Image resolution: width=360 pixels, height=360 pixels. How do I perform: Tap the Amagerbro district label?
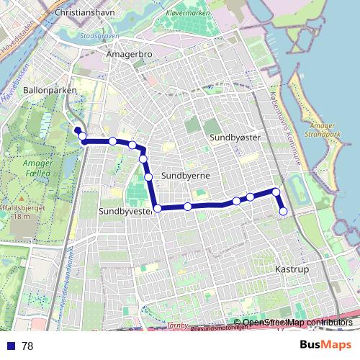pyautogui.click(x=127, y=54)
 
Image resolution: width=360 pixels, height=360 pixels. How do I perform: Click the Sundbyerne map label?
pyautogui.click(x=185, y=175)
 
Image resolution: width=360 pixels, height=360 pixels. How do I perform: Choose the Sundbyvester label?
pyautogui.click(x=125, y=211)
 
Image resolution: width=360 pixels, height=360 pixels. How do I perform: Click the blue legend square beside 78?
pyautogui.click(x=11, y=346)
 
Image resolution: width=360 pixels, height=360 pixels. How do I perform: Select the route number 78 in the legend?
pyautogui.click(x=27, y=346)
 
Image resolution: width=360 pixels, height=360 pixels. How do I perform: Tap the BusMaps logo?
pyautogui.click(x=325, y=345)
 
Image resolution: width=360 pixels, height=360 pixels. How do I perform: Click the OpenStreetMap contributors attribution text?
pyautogui.click(x=297, y=323)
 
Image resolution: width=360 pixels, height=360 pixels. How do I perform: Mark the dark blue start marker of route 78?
pyautogui.click(x=77, y=130)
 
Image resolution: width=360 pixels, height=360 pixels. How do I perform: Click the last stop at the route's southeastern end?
pyautogui.click(x=283, y=211)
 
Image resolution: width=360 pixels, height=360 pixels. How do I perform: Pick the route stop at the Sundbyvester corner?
pyautogui.click(x=157, y=208)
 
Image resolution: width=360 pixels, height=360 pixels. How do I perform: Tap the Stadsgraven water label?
pyautogui.click(x=99, y=34)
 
